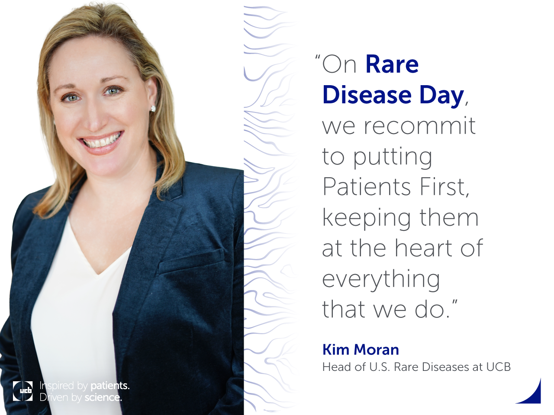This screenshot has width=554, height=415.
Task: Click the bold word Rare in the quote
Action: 392,64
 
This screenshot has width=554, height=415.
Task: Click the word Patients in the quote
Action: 367,187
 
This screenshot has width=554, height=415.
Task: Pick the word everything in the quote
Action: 381,280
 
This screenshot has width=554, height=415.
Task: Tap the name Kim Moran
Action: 361,349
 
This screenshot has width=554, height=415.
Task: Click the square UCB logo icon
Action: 23,391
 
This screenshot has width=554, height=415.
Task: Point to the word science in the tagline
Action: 103,397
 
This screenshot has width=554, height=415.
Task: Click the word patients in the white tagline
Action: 110,386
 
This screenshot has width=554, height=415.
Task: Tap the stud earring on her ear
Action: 153,109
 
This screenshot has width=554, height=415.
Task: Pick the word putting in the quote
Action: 393,158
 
